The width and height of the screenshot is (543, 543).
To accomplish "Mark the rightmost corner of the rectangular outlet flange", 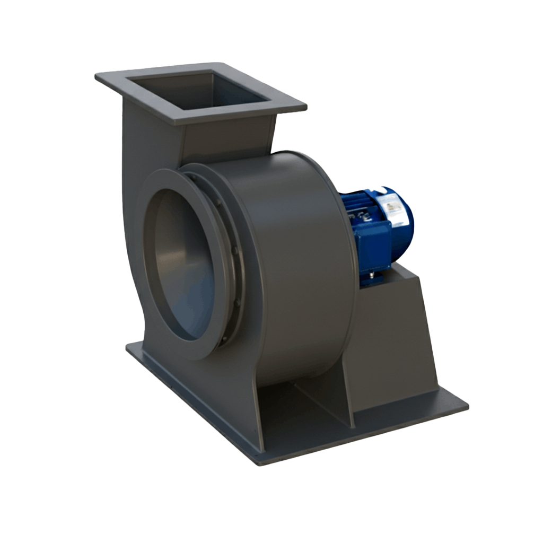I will click(306, 106).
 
